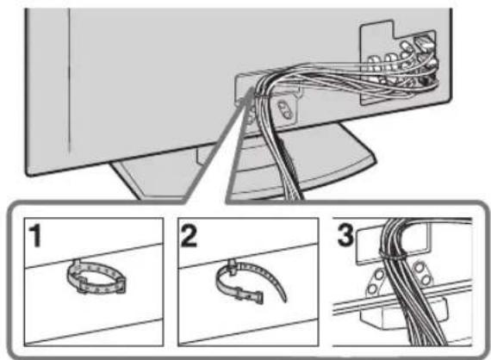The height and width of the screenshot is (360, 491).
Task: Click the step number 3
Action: pyautogui.click(x=345, y=234)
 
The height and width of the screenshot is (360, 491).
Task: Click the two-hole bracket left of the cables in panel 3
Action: pyautogui.click(x=376, y=281)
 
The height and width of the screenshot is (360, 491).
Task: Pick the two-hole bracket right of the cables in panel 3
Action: pyautogui.click(x=422, y=274)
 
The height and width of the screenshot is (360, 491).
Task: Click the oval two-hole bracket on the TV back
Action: pyautogui.click(x=285, y=110)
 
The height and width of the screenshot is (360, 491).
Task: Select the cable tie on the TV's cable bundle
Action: pyautogui.click(x=263, y=94)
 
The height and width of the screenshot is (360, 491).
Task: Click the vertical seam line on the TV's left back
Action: pyautogui.click(x=69, y=82)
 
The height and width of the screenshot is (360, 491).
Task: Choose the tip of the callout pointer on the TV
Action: pyautogui.click(x=252, y=89)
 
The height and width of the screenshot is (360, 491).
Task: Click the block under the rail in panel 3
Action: pyautogui.click(x=404, y=313)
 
